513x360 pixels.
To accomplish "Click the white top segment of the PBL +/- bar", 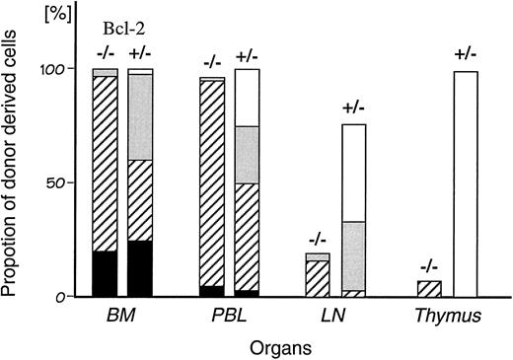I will click(247, 98).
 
